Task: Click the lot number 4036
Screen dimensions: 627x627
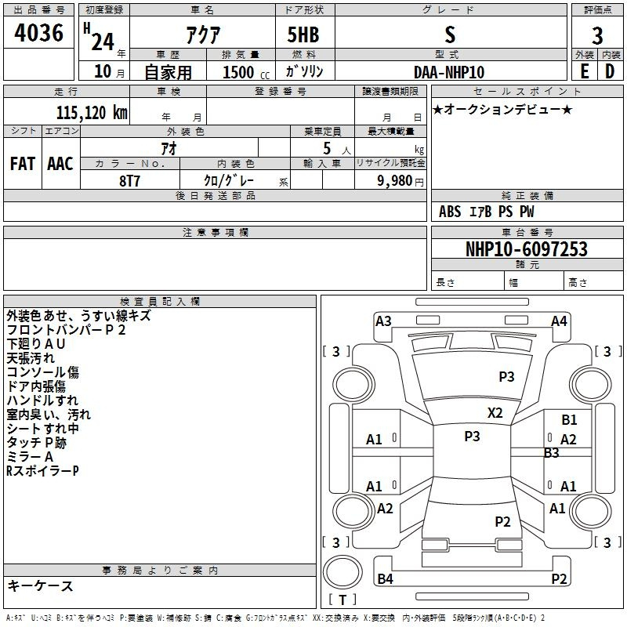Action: point(38,32)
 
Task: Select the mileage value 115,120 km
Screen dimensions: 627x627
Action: point(92,112)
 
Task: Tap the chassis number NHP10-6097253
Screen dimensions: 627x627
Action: point(527,249)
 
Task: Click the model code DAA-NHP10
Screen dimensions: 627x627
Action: point(449,72)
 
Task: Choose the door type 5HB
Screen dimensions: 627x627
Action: point(303,34)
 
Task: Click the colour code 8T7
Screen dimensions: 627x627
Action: point(129,181)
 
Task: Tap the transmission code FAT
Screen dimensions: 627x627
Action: point(23,164)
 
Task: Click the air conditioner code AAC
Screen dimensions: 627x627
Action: point(60,164)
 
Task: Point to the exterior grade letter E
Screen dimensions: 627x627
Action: point(584,71)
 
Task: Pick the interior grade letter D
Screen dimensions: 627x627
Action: point(610,71)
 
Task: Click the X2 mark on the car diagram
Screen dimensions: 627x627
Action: point(495,412)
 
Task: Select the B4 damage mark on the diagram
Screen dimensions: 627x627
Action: point(385,578)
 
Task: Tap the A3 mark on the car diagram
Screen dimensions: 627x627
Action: point(383,321)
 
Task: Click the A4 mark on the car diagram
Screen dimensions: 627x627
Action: point(559,321)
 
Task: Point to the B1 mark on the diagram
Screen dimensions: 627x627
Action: point(569,419)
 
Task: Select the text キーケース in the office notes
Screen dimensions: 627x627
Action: point(41,585)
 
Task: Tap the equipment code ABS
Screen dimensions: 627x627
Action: point(450,212)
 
